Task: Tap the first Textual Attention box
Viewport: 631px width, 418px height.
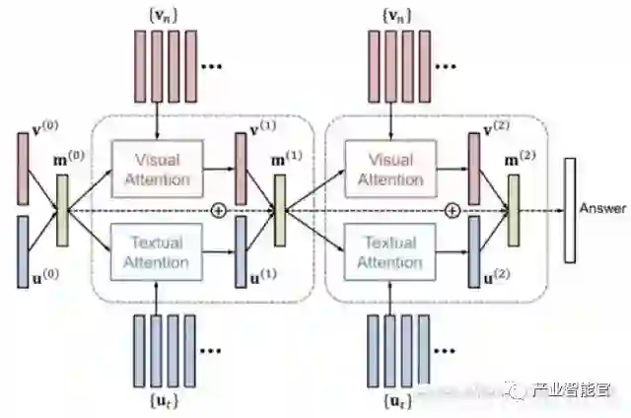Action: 157,250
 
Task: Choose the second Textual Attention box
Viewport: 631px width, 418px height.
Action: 390,250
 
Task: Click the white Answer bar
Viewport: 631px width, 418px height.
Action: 570,210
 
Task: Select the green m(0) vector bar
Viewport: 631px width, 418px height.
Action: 64,210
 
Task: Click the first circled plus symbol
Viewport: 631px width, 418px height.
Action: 220,210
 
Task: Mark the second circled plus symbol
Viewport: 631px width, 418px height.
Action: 453,210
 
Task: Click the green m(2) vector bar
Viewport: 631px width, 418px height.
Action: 513,210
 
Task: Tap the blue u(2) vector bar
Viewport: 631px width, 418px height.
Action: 474,250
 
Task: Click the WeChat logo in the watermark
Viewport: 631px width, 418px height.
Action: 520,389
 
